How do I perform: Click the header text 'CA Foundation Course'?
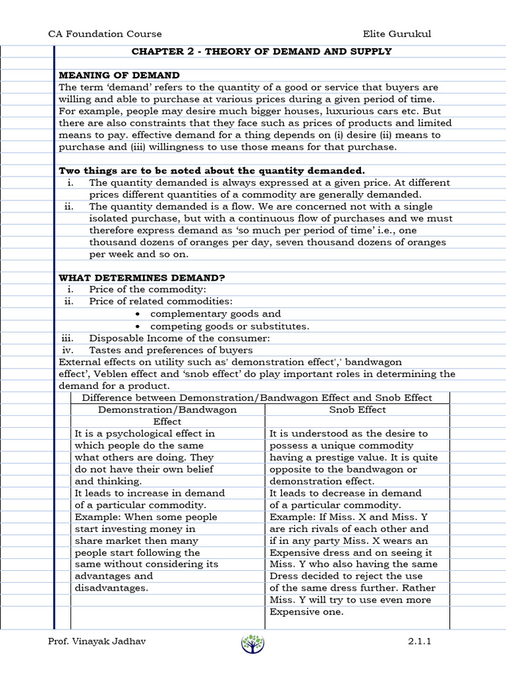click(x=105, y=34)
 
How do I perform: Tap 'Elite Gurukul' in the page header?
click(x=397, y=34)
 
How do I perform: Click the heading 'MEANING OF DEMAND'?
click(x=119, y=75)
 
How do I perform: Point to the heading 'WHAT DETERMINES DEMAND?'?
click(x=142, y=278)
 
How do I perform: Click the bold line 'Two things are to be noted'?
click(x=211, y=171)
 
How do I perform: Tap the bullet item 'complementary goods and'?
click(x=215, y=314)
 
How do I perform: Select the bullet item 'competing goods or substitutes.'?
click(x=229, y=326)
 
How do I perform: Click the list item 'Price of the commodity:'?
click(x=148, y=290)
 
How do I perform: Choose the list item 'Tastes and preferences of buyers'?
click(x=171, y=350)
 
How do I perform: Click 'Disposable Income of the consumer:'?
click(x=180, y=338)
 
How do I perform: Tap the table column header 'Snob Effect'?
click(x=358, y=409)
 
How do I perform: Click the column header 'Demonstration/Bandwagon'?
click(x=167, y=409)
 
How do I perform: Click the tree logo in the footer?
click(x=252, y=643)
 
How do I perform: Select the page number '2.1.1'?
click(x=419, y=641)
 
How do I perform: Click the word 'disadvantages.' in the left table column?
click(x=111, y=588)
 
